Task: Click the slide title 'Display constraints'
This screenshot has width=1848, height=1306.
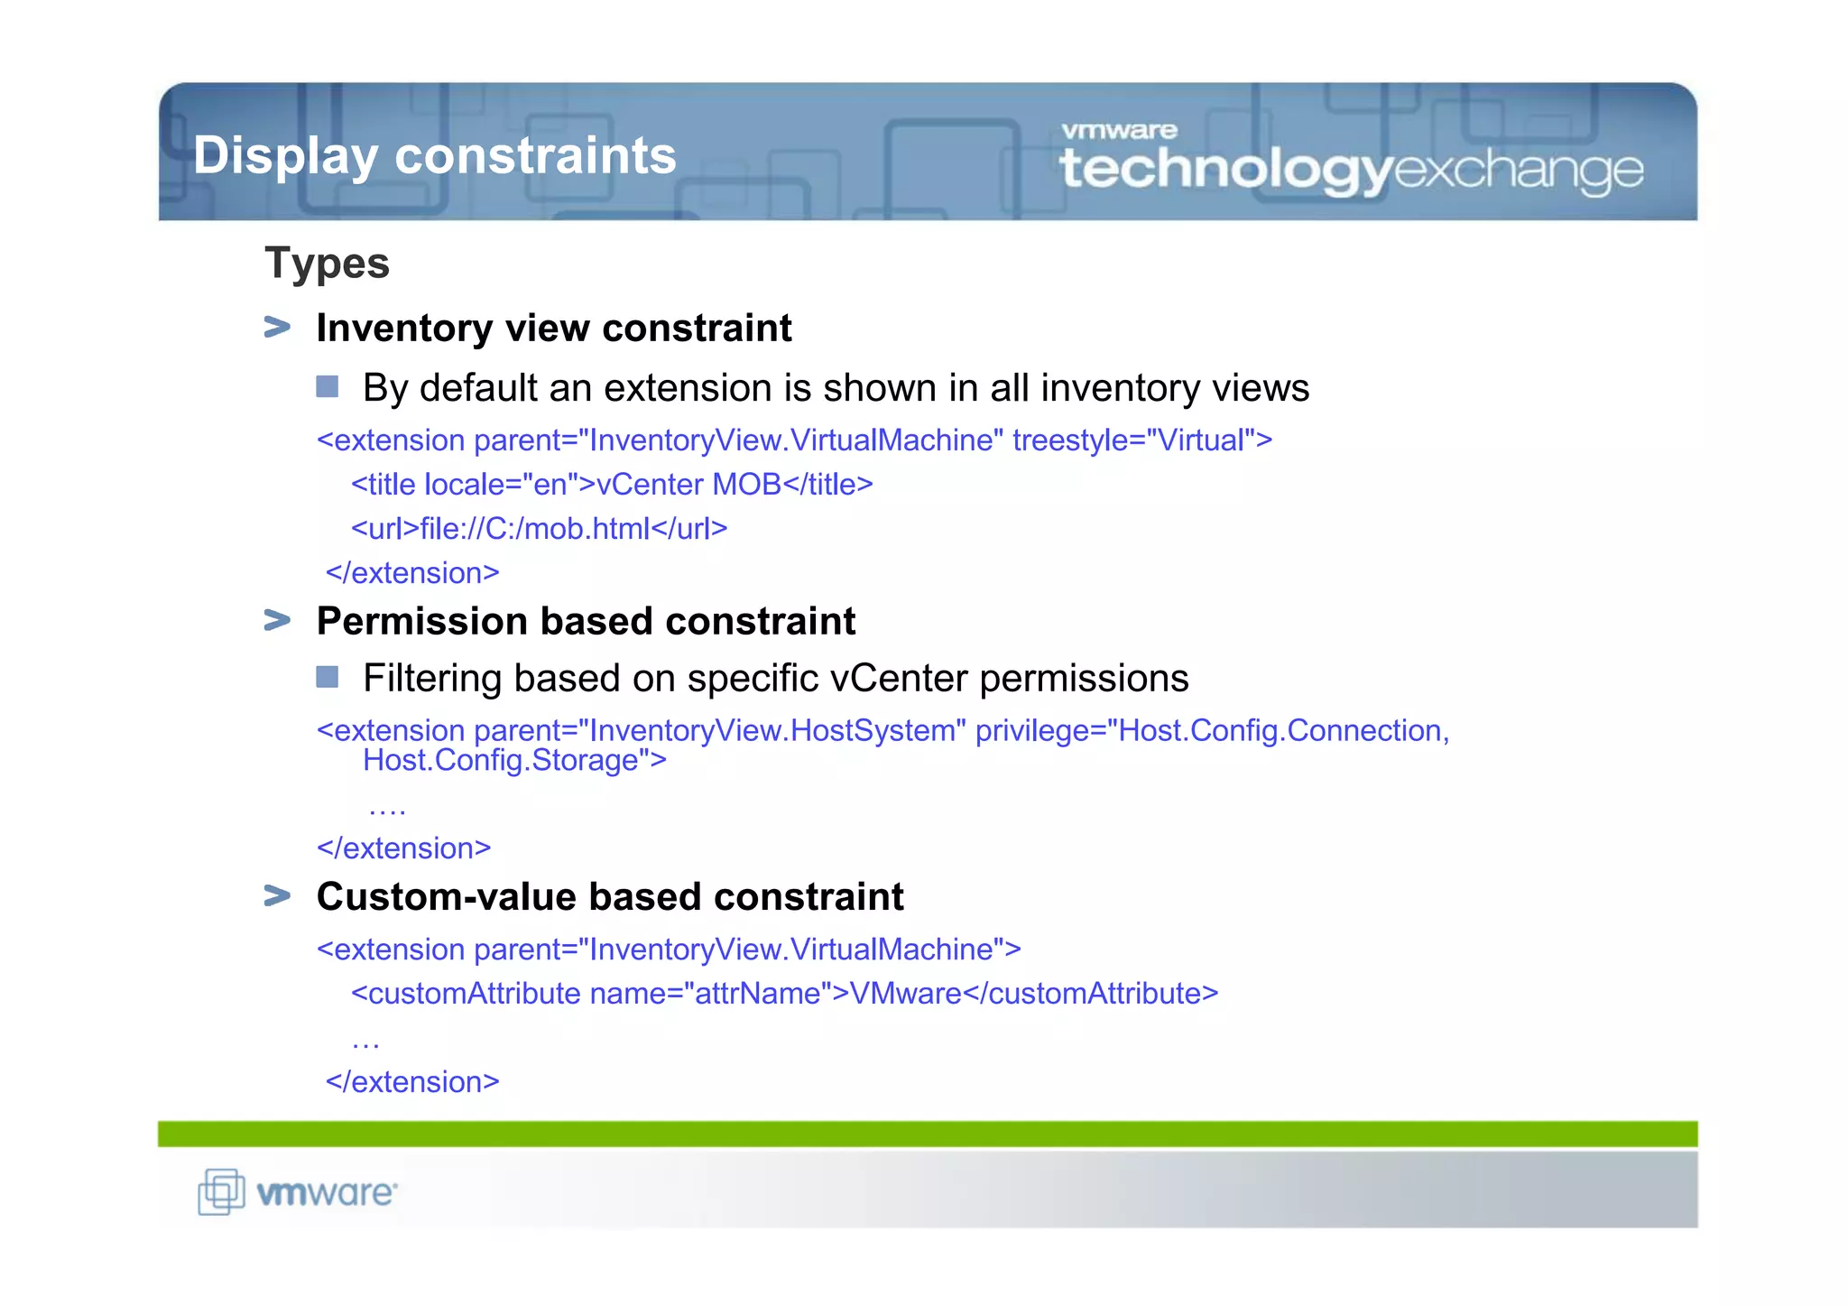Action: click(434, 155)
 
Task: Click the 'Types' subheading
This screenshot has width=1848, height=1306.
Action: click(327, 264)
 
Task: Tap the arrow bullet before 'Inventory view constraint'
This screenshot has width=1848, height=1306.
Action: click(277, 327)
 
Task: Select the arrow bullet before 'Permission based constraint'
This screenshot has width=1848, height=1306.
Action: click(277, 620)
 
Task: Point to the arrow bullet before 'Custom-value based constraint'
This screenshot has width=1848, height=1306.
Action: click(277, 895)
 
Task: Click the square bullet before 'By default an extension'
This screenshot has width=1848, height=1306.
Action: click(328, 387)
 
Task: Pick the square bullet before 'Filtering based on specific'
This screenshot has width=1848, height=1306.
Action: click(328, 677)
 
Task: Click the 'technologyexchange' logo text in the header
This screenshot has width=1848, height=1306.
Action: click(1351, 170)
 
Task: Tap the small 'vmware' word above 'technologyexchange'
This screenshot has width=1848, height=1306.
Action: click(1119, 131)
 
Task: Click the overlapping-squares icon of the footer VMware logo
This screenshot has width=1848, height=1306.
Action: click(221, 1191)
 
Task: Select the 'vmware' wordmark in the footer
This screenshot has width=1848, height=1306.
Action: click(327, 1193)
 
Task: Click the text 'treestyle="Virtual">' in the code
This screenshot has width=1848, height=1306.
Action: click(1141, 440)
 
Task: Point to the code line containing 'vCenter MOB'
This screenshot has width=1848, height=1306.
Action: click(612, 485)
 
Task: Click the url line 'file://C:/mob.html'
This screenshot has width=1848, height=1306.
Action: click(539, 529)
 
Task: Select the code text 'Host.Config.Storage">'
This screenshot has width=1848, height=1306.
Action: click(514, 761)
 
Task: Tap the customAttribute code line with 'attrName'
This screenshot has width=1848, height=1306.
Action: click(784, 994)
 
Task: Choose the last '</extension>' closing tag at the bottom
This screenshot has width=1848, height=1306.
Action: click(412, 1082)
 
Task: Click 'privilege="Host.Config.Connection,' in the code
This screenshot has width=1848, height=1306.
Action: click(1212, 730)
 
